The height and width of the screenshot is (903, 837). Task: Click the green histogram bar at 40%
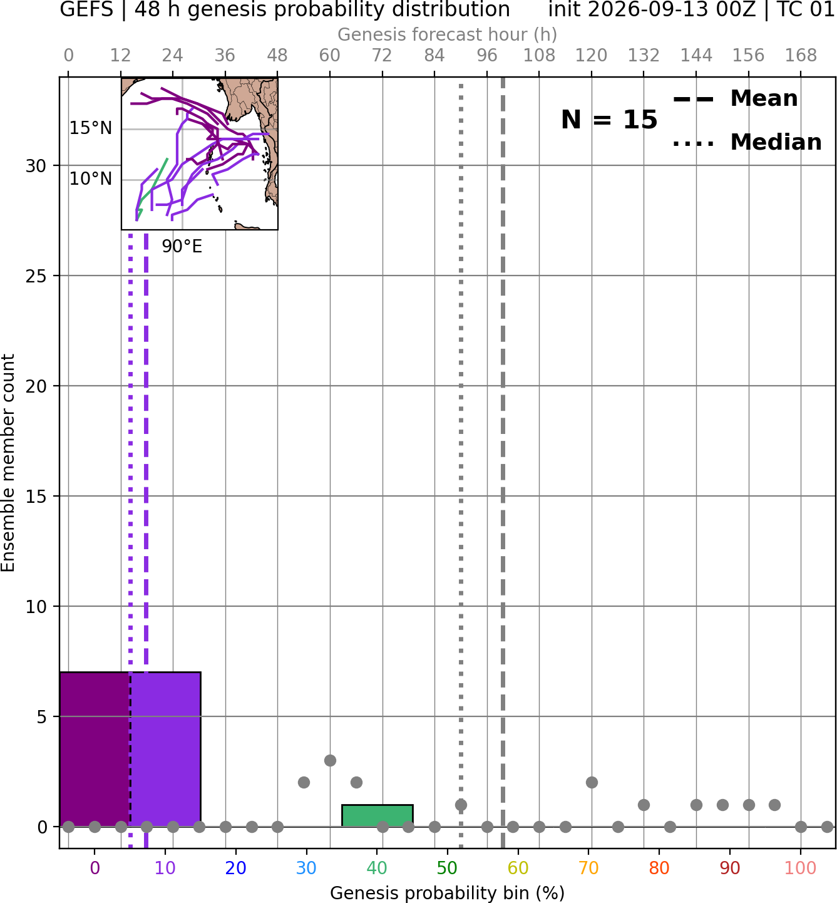(377, 815)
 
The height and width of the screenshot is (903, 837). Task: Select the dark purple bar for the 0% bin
(95, 749)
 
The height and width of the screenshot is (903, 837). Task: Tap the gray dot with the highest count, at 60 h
(330, 760)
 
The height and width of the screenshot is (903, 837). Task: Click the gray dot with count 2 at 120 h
(592, 783)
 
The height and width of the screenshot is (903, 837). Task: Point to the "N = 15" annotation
(609, 120)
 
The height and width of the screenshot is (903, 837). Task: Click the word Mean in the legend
(764, 98)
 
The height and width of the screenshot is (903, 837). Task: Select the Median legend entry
(747, 142)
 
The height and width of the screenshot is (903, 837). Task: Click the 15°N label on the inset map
(91, 128)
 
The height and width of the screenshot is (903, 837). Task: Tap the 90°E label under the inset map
(182, 247)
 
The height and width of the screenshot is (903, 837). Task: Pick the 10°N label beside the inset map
(91, 178)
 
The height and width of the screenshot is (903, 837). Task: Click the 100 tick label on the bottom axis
(800, 868)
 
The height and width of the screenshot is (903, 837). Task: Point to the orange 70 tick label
(588, 868)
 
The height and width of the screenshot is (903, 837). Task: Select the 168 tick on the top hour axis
(801, 56)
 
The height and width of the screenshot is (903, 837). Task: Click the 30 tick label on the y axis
(36, 166)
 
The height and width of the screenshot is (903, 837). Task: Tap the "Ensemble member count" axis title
(8, 463)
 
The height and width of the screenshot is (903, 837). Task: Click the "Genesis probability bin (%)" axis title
(448, 893)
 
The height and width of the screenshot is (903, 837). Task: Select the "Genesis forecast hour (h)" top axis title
(448, 34)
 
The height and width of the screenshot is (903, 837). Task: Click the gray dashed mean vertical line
(503, 463)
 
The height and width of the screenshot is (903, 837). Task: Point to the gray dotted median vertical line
(461, 465)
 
